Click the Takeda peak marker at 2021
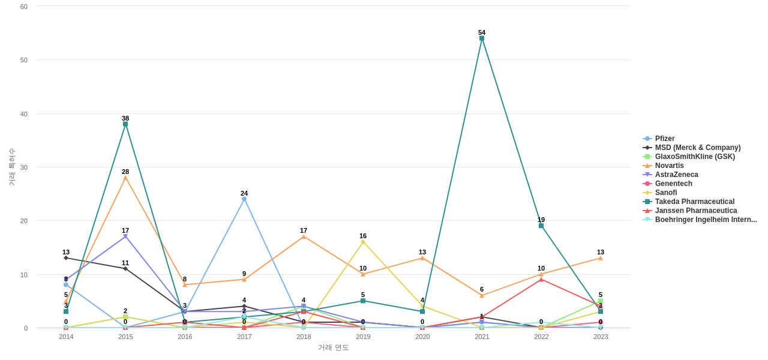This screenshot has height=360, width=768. pyautogui.click(x=482, y=38)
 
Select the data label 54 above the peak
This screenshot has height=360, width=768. pyautogui.click(x=482, y=32)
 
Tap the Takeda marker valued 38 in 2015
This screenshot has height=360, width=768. pyautogui.click(x=125, y=124)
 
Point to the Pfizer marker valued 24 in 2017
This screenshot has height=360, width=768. pyautogui.click(x=244, y=199)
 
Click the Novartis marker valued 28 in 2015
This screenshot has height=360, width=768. pyautogui.click(x=125, y=178)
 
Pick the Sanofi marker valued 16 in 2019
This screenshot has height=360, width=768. pyautogui.click(x=363, y=242)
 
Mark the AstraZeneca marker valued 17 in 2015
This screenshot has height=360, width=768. pyautogui.click(x=125, y=236)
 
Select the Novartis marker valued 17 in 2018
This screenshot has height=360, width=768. pyautogui.click(x=304, y=236)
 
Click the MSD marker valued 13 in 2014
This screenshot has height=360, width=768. pyautogui.click(x=66, y=258)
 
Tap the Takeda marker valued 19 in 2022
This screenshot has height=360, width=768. pyautogui.click(x=541, y=226)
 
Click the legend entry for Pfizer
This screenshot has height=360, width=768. pyautogui.click(x=664, y=139)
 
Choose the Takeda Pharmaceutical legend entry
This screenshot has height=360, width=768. pyautogui.click(x=694, y=202)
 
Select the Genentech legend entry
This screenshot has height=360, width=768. pyautogui.click(x=673, y=184)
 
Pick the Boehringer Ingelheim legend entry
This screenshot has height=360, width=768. pyautogui.click(x=706, y=220)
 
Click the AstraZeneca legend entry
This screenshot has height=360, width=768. pyautogui.click(x=676, y=175)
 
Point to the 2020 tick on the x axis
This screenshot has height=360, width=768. pyautogui.click(x=422, y=337)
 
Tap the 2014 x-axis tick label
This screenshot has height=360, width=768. pyautogui.click(x=66, y=337)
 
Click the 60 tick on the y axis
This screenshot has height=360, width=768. pyautogui.click(x=24, y=7)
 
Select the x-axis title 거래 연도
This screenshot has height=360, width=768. pyautogui.click(x=333, y=347)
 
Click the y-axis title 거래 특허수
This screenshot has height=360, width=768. pyautogui.click(x=11, y=167)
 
